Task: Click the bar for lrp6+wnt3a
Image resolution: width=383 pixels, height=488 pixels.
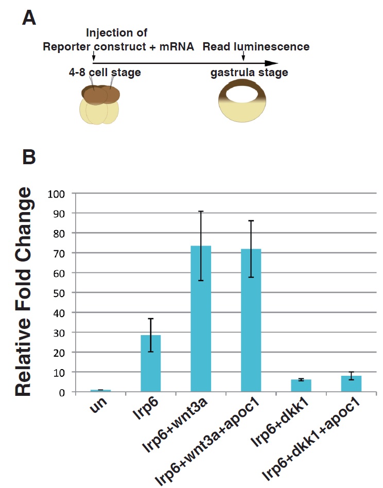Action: pos(201,319)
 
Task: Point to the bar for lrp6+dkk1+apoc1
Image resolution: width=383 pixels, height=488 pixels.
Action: pos(352,384)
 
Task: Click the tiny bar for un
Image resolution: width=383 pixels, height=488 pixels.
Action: pos(100,391)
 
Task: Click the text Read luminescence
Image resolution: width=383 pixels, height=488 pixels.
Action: pos(256,47)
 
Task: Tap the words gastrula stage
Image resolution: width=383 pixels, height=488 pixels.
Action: pos(249,73)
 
